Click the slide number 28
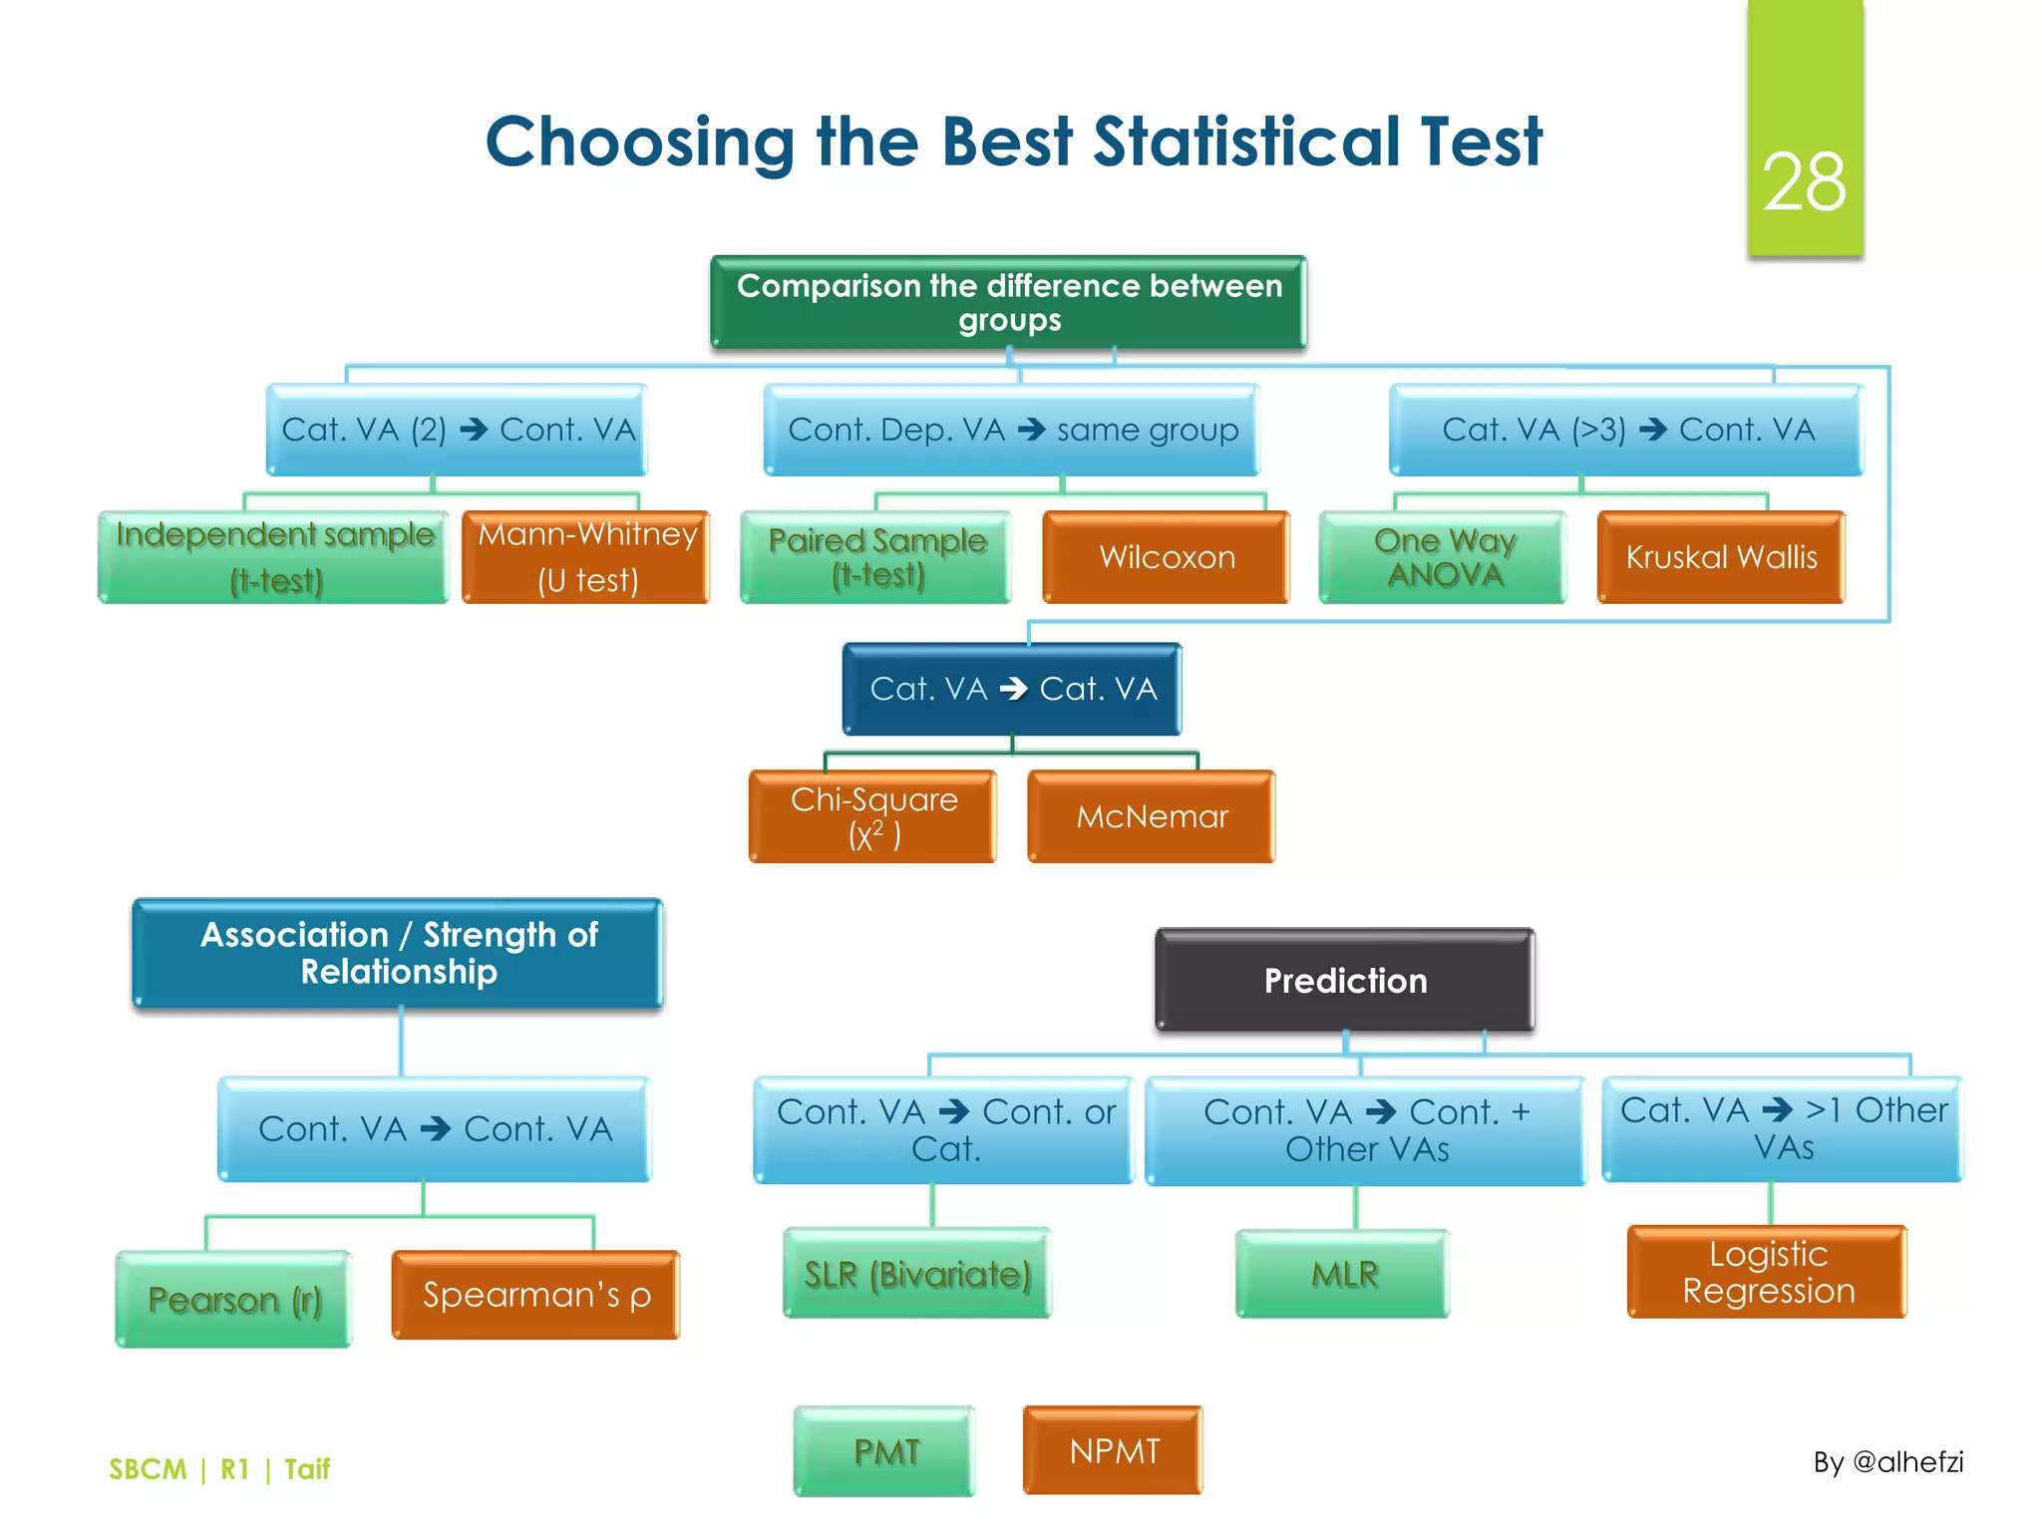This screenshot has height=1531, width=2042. click(1804, 182)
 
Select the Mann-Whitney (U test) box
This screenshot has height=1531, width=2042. click(586, 557)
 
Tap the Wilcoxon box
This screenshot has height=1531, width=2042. click(1166, 557)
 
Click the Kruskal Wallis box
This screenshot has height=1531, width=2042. click(1721, 557)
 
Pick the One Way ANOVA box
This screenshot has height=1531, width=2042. click(1443, 557)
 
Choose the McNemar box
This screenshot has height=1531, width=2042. click(1152, 816)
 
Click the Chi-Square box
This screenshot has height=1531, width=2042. click(873, 816)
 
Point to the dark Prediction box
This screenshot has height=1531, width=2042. click(1344, 980)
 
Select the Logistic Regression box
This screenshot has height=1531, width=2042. click(1768, 1272)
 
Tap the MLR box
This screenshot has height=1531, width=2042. click(1343, 1274)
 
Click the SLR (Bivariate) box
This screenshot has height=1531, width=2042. click(917, 1274)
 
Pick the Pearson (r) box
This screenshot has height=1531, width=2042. click(234, 1300)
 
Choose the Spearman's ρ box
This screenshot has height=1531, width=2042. click(536, 1295)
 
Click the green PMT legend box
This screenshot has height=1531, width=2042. click(885, 1451)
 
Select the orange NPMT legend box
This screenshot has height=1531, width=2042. click(1114, 1451)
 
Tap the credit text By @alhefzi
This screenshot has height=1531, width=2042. click(1887, 1462)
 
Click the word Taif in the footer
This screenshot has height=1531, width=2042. click(306, 1469)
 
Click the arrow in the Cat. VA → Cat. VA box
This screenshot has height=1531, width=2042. click(1013, 689)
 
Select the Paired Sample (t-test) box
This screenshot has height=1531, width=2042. click(876, 557)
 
